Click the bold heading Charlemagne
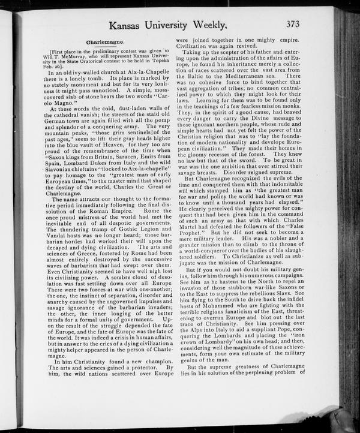pos(105,44)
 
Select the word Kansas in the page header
pos(127,26)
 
